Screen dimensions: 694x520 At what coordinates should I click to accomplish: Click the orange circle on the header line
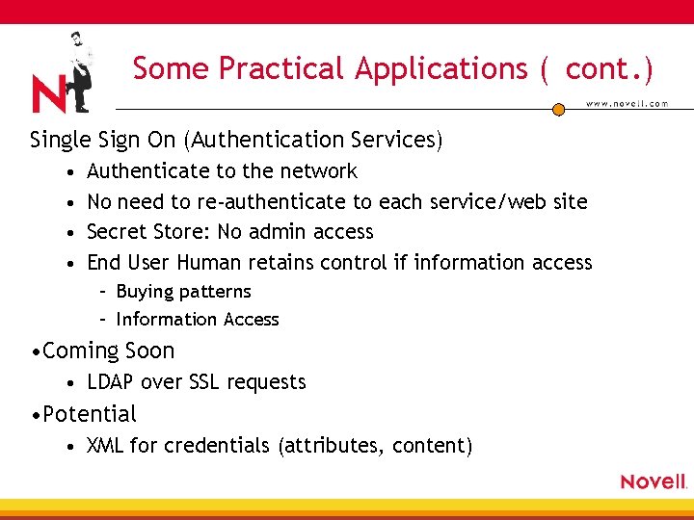(558, 110)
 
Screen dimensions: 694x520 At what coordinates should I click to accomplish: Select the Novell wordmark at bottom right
(653, 481)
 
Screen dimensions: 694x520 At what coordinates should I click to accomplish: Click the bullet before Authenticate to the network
(61, 172)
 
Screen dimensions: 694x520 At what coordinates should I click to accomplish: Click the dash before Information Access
(102, 320)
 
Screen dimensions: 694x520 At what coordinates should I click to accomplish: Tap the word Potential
(90, 415)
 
